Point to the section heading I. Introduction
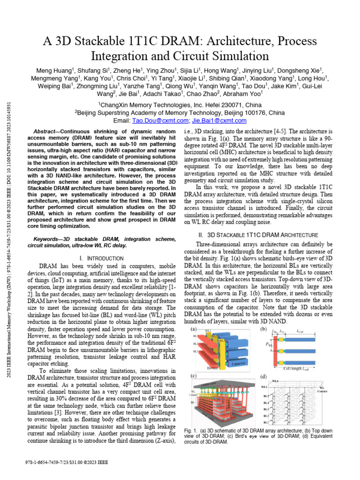pos(102,258)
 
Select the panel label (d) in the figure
pos(264,376)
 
